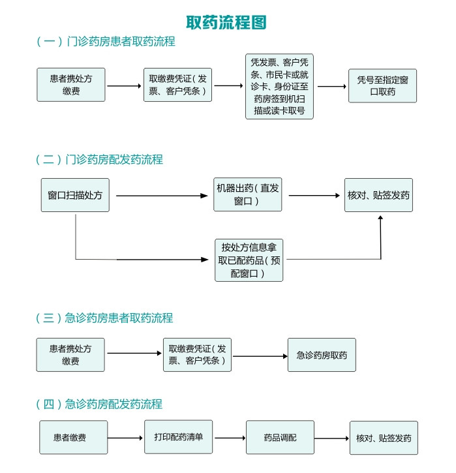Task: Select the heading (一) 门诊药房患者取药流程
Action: [106, 42]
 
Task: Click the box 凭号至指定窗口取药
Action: [382, 85]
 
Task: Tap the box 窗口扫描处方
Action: [75, 194]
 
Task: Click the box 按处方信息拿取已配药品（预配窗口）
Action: [249, 260]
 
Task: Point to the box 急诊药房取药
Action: [322, 355]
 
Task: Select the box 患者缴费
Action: [72, 437]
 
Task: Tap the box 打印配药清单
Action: [179, 437]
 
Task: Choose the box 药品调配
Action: [280, 438]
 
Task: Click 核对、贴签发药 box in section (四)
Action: [384, 438]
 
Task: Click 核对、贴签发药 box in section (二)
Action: [378, 194]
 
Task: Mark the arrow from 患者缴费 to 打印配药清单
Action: [126, 438]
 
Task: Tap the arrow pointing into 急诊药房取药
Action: [260, 356]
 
